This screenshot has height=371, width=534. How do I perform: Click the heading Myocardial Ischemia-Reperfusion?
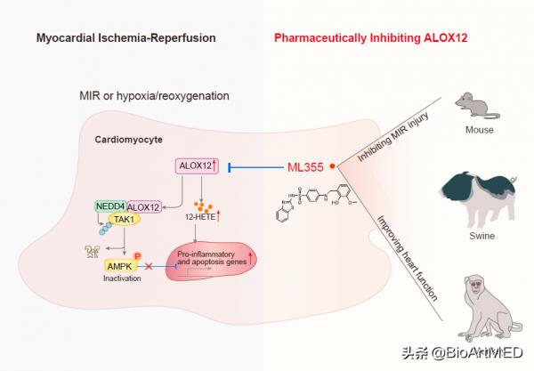[x=125, y=38]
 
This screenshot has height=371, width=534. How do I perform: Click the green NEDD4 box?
[x=110, y=206]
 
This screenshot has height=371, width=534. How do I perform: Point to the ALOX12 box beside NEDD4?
[x=144, y=207]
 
